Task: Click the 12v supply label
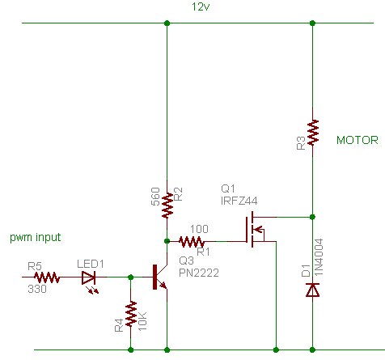201,6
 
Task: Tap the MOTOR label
357,140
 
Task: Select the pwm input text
36,237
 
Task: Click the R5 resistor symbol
47,277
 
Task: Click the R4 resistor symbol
131,314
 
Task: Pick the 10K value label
142,321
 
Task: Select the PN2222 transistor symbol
160,277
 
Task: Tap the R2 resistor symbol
167,205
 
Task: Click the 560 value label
155,197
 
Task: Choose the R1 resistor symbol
192,242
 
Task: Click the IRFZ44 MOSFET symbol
255,229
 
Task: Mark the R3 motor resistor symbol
313,133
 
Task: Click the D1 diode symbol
313,290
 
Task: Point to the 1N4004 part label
319,257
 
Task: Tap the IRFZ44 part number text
239,201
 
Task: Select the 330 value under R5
37,289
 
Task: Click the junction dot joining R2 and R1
167,241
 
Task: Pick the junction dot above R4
131,277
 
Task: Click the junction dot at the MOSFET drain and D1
313,217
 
